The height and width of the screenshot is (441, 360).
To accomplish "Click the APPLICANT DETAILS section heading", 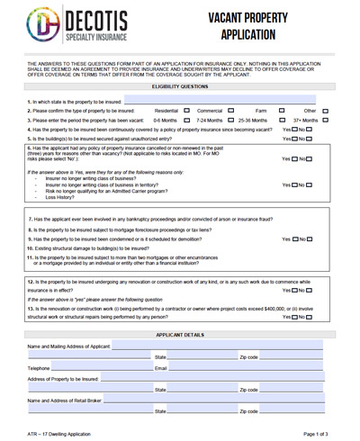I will (x=180, y=334).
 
